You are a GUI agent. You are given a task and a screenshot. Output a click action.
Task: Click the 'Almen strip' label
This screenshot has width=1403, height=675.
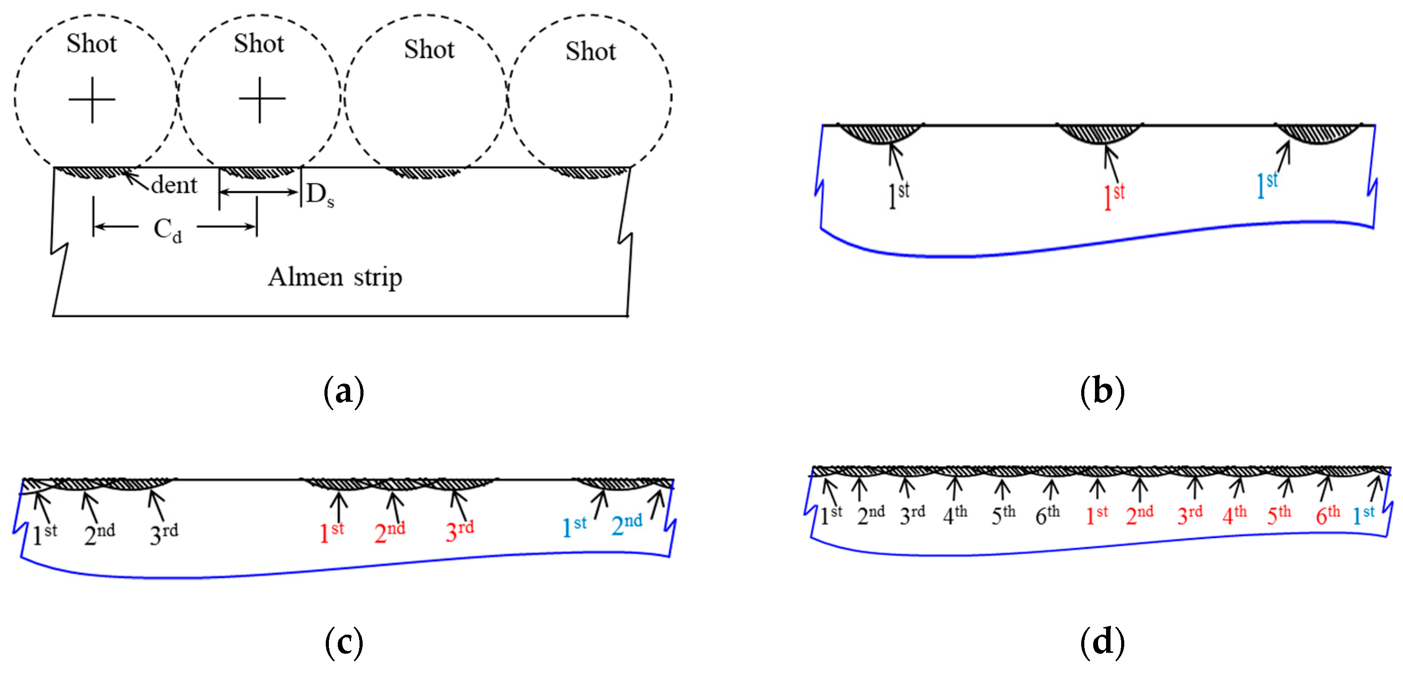335,277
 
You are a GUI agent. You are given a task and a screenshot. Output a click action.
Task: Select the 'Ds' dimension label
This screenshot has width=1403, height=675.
320,195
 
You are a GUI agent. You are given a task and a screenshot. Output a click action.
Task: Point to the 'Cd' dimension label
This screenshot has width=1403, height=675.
167,230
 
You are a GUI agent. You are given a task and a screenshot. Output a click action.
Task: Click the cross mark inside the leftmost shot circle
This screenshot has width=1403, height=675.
92,100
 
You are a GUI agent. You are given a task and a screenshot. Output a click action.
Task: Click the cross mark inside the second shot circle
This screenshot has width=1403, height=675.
261,99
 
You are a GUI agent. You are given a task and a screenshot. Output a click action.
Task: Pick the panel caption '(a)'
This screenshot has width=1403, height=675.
344,392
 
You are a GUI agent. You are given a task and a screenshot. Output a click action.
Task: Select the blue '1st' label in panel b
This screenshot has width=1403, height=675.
1267,185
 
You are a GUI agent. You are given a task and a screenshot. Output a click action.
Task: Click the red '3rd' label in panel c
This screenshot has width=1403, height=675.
459,531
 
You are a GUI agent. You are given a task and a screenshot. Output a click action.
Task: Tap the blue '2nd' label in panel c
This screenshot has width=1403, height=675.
626,525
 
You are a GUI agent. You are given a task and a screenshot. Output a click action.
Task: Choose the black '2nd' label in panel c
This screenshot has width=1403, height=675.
99,534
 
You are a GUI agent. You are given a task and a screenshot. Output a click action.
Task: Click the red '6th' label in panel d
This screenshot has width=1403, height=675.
1327,514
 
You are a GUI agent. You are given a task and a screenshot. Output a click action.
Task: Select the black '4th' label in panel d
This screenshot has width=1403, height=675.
955,514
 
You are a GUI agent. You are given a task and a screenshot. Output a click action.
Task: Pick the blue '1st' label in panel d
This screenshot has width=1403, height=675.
1364,514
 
